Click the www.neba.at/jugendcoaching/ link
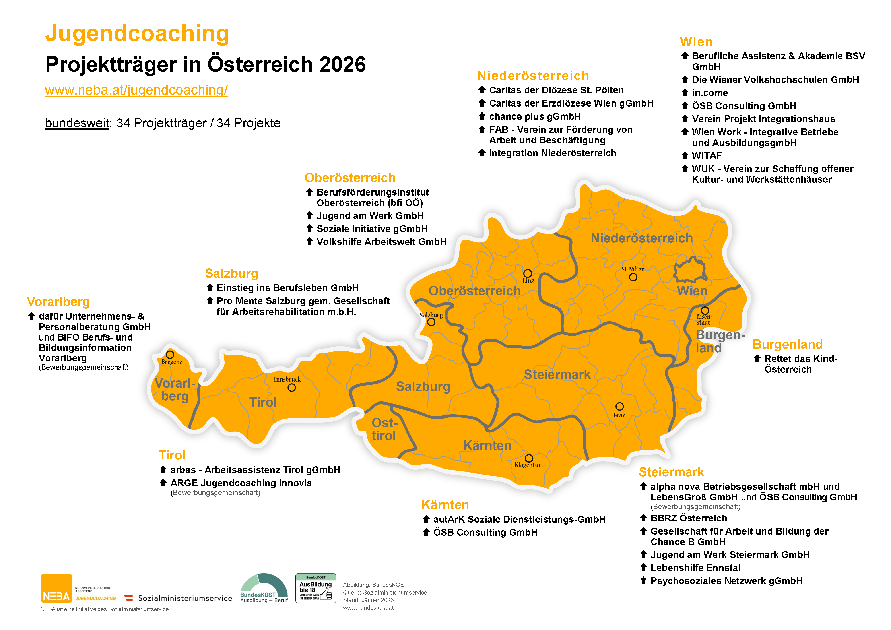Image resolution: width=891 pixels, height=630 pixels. click(136, 90)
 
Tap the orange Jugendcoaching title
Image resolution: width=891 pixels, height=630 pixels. click(137, 33)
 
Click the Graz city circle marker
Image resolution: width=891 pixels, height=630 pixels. click(619, 406)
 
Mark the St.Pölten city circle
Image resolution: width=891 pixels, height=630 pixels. click(633, 277)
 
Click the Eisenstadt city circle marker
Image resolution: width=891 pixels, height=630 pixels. click(705, 310)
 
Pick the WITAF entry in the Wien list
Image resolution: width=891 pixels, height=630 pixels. click(706, 155)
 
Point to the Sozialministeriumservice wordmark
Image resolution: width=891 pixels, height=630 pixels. click(185, 598)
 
